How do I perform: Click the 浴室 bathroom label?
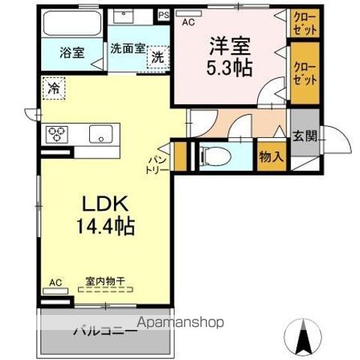coord(73,54)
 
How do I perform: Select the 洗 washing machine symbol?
coord(158,57)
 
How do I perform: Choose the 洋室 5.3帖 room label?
coord(229,56)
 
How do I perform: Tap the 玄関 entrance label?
coord(304,136)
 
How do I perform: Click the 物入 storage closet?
coord(271,157)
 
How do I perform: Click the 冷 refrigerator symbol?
coord(53,88)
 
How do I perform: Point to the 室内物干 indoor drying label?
coord(105,281)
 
